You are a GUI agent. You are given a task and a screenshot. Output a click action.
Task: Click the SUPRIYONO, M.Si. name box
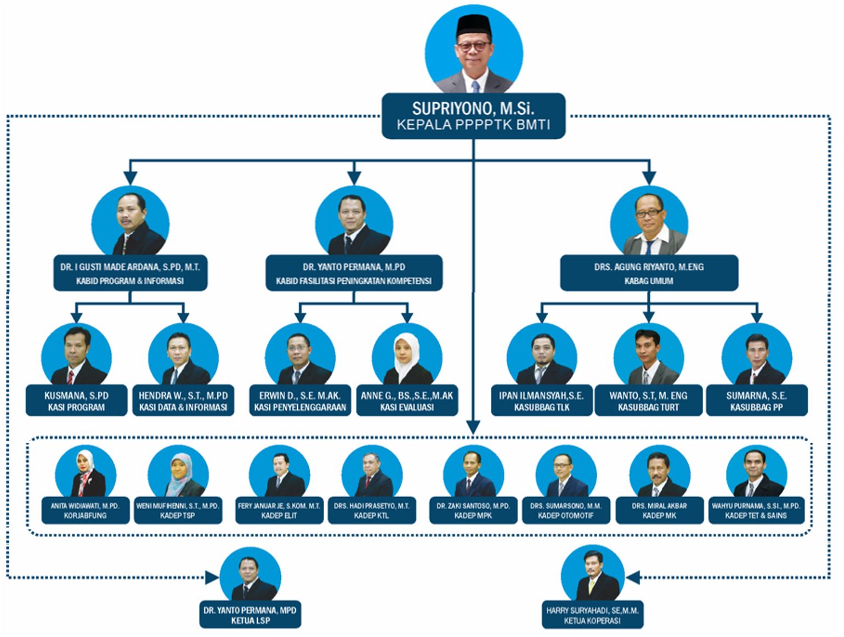(473, 116)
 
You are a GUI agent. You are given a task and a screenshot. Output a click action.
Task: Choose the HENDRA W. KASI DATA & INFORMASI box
(183, 401)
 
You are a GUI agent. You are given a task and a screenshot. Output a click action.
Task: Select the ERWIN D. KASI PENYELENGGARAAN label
(300, 401)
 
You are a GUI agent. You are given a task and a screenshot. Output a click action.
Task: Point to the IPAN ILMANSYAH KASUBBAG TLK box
(541, 401)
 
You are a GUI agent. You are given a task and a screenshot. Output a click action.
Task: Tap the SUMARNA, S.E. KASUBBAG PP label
(756, 401)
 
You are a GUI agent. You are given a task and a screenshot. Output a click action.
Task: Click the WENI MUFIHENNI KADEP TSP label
(178, 510)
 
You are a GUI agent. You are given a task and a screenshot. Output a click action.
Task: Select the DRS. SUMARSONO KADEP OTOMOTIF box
(565, 510)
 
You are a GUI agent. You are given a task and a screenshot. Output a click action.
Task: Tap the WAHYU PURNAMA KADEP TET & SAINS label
(756, 510)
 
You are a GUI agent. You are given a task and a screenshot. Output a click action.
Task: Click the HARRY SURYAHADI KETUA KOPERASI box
(592, 615)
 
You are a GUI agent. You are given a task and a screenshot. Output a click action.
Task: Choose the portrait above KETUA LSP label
(250, 576)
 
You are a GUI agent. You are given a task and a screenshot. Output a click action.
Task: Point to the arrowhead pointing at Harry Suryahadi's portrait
(633, 577)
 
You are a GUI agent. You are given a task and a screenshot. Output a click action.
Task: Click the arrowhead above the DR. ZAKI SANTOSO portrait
(474, 427)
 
